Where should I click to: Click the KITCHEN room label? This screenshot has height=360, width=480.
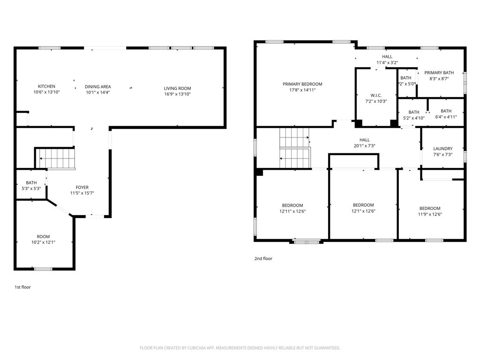[46, 86]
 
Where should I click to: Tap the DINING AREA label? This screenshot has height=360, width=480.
[97, 86]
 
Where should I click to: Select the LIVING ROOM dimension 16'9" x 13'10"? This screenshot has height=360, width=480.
[177, 94]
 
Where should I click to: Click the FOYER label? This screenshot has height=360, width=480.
[82, 187]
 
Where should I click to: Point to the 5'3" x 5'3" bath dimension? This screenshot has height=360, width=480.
[31, 188]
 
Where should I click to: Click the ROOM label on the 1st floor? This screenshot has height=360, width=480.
[43, 237]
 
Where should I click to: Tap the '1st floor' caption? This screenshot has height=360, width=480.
[22, 287]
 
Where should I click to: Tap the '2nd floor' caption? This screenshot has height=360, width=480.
[263, 258]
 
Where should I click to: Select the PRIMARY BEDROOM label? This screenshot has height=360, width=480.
[302, 84]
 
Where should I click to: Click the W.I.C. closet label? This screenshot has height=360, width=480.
[376, 95]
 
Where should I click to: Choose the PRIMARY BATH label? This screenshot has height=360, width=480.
[439, 73]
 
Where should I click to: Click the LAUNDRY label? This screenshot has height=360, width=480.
[442, 149]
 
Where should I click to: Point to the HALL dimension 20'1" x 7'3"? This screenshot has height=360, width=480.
[364, 146]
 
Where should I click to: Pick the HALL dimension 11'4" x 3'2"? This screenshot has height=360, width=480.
[387, 62]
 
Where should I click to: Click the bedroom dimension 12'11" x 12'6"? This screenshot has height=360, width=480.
[292, 211]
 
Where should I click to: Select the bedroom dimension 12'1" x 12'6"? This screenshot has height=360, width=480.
[363, 211]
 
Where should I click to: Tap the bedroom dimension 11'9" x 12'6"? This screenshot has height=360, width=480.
[430, 214]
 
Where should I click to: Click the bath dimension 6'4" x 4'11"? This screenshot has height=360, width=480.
[446, 117]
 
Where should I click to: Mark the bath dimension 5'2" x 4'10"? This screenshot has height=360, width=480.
[413, 118]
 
